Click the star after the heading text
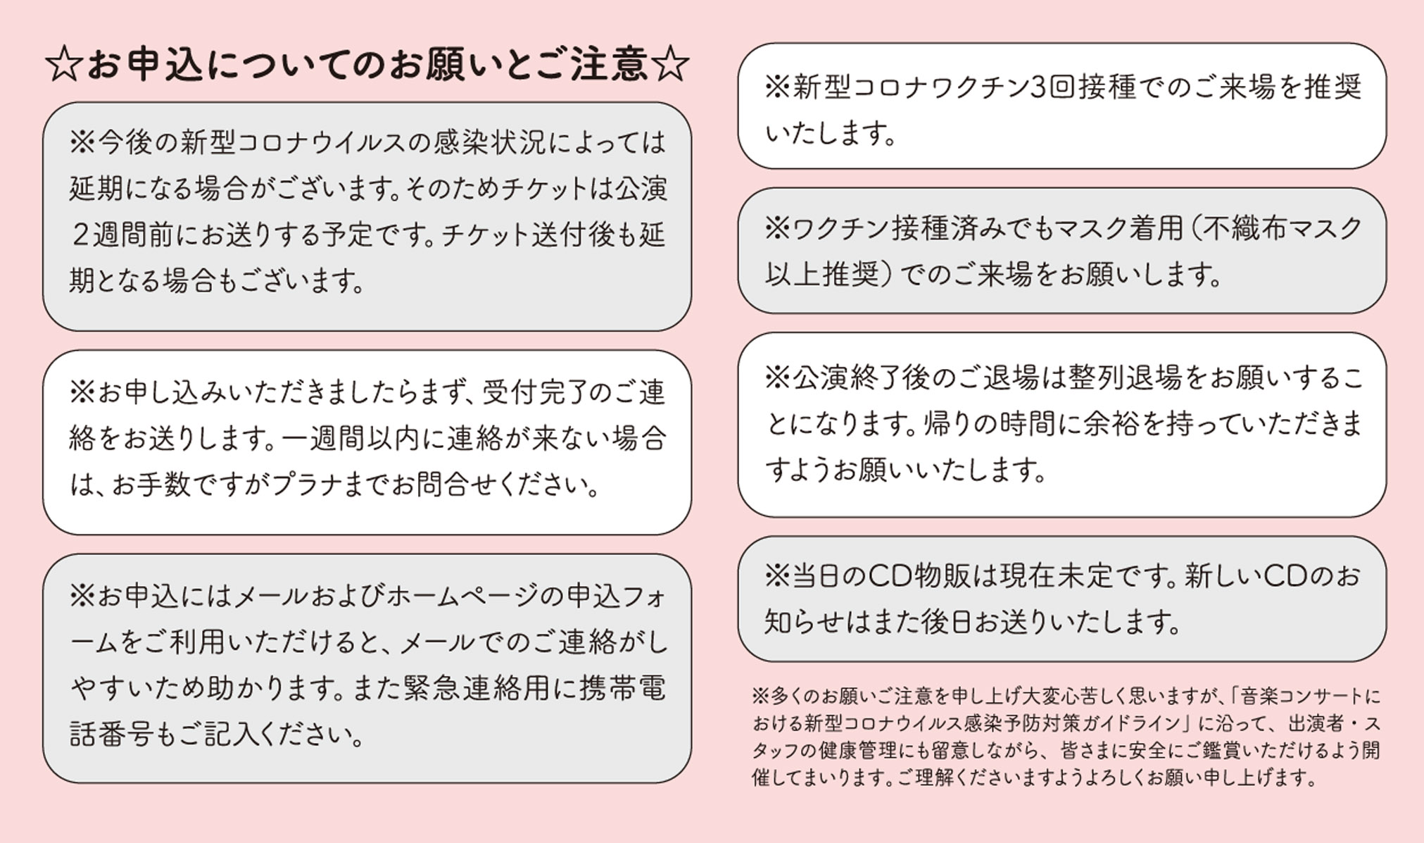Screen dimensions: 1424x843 click(x=669, y=65)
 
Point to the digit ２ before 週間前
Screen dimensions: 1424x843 click(x=80, y=235)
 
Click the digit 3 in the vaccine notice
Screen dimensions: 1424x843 click(x=1038, y=87)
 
